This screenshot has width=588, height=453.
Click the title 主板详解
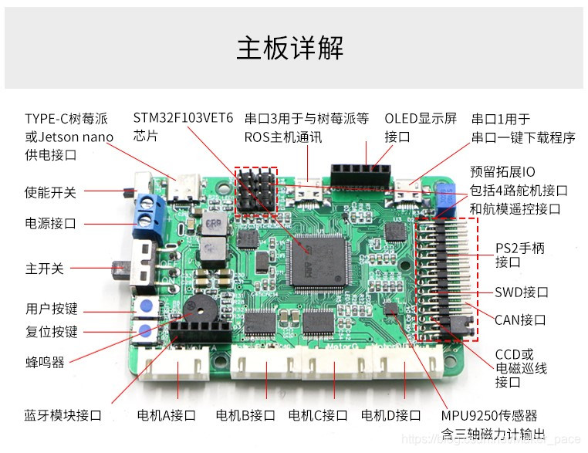[290, 47]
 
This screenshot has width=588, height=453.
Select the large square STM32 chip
[317, 260]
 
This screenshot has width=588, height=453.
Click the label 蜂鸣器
[45, 361]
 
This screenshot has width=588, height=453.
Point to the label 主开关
[45, 269]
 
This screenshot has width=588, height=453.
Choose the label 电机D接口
[390, 415]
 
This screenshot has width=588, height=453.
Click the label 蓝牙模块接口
[63, 415]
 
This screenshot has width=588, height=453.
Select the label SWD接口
[521, 292]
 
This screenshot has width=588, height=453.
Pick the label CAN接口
[520, 319]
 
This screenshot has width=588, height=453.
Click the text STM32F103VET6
[183, 118]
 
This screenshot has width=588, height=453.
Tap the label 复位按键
[51, 332]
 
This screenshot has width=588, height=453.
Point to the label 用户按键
[51, 309]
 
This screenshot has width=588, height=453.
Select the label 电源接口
[51, 224]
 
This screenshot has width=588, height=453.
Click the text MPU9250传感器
[489, 415]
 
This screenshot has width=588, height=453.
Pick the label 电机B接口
[245, 415]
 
